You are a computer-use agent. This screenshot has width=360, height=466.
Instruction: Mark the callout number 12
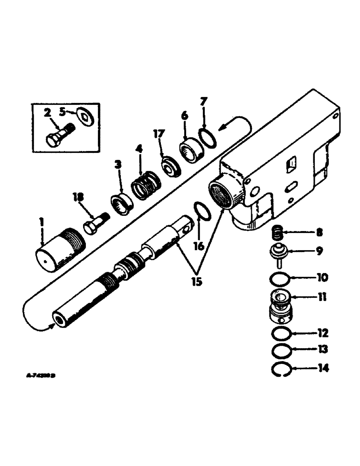(x=323, y=334)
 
